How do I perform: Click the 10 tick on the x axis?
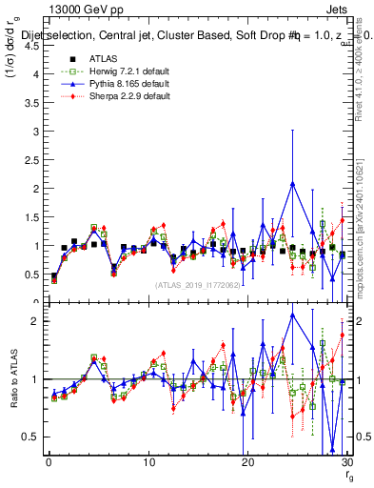click(148, 462)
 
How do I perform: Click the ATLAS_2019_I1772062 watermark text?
click(198, 284)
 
